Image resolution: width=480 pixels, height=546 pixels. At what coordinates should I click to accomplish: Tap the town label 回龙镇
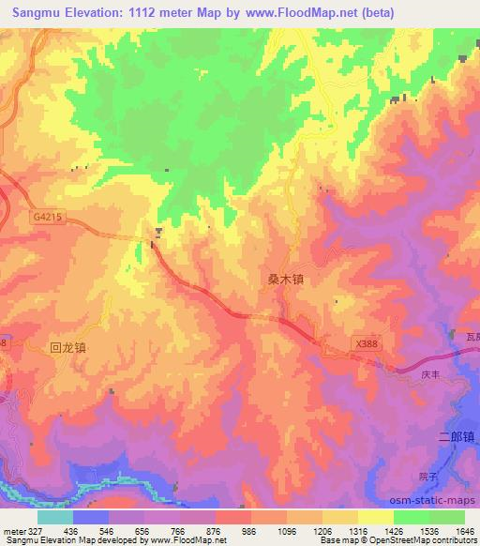tap(67, 347)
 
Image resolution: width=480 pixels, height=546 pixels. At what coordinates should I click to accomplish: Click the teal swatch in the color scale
tap(55, 516)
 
